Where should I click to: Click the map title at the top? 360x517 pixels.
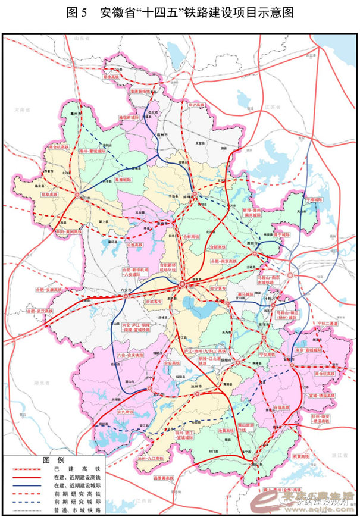point(180,13)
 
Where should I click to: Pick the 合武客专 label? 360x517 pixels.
point(154,302)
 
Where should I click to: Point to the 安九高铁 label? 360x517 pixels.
point(128,411)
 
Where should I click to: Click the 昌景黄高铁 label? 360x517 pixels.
point(162,478)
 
